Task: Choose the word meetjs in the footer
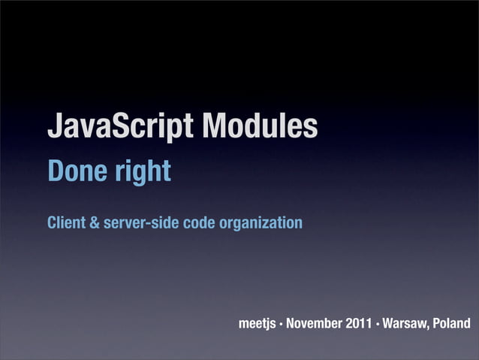pyautogui.click(x=257, y=323)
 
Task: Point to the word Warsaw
pyautogui.click(x=407, y=323)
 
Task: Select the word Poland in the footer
pyautogui.click(x=451, y=323)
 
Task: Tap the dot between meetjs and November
pyautogui.click(x=281, y=324)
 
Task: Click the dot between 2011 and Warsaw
pyautogui.click(x=378, y=324)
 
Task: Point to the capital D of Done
pyautogui.click(x=55, y=172)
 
